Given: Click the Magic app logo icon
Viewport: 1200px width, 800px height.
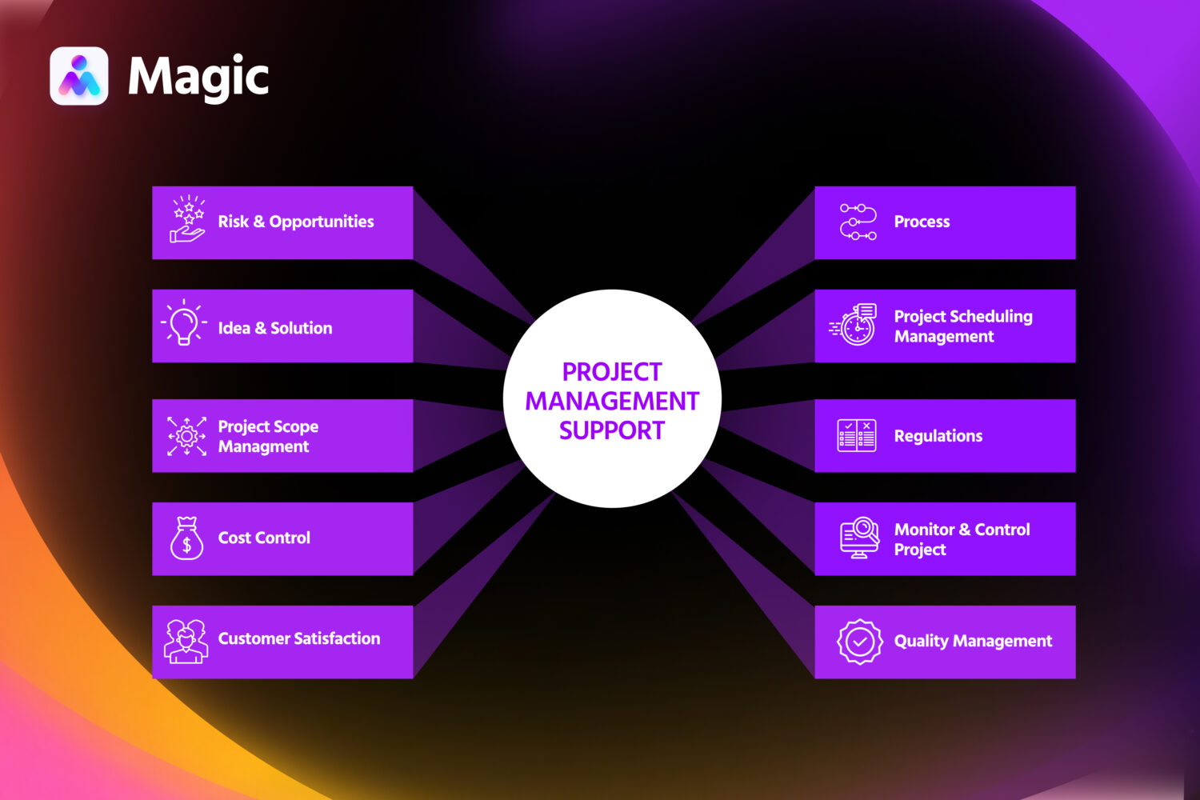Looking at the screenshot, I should point(78,76).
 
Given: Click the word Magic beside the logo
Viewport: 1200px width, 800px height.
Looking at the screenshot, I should point(198,78).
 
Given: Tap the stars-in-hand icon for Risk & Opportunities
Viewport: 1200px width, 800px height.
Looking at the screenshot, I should point(187,219).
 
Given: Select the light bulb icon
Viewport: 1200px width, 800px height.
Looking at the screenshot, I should point(184,323).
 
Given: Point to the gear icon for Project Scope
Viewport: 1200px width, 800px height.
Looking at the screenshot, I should point(186,436).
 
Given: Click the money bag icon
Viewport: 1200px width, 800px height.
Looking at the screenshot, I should point(186,538).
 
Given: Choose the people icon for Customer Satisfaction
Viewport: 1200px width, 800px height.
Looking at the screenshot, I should point(186,641).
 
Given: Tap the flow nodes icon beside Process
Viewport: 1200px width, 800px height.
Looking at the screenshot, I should point(858,222).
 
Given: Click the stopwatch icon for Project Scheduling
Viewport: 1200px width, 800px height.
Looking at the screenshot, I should point(854,325).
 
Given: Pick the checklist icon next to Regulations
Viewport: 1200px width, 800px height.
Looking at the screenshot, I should point(856,436).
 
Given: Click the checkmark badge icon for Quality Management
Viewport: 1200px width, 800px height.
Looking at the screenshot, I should point(859,641).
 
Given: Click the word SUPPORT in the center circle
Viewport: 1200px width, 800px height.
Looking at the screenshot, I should point(612,430).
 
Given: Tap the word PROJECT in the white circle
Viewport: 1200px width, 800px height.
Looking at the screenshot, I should point(612,372).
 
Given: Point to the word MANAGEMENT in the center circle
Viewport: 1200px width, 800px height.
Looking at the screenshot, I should point(612,401).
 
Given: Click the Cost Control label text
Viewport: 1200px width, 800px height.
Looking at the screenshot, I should point(264,538).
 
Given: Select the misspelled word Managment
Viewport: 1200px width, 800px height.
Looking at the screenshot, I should point(263,447).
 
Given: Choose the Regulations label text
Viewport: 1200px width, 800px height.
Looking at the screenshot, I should point(938,436).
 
